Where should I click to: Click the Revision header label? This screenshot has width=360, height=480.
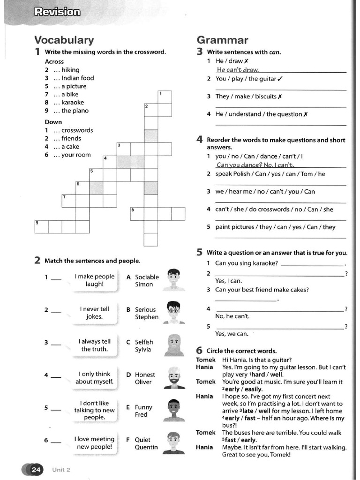point(57,12)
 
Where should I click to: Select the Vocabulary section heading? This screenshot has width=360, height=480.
point(64,40)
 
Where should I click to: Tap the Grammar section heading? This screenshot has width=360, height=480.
point(222,40)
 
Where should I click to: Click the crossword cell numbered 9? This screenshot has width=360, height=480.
point(41,226)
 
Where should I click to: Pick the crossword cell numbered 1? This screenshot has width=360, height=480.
point(165,97)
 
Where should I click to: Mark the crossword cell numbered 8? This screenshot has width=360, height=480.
point(137,213)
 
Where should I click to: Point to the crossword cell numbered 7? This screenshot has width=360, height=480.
point(68,201)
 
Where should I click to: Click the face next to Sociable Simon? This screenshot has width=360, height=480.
point(173,280)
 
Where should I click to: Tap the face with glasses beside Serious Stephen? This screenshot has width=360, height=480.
point(173,312)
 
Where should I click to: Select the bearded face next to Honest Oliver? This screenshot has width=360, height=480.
point(173,377)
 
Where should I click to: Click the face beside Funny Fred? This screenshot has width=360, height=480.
point(173,410)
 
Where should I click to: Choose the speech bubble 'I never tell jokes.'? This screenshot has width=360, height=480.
point(94,313)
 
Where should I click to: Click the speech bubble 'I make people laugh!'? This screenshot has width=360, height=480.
point(94,280)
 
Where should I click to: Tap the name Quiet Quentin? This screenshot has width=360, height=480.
point(146,443)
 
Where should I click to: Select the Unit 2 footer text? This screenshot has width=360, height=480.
point(61,470)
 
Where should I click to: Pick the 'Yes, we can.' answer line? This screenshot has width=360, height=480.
point(232,334)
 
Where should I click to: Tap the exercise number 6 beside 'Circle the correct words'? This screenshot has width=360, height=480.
point(199,350)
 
